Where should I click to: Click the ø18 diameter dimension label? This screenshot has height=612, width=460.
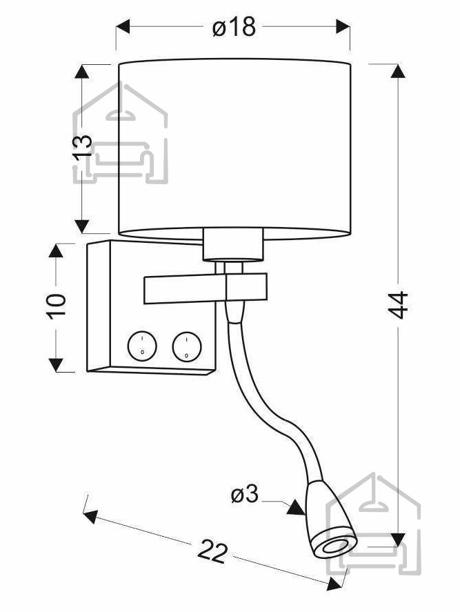pos(234,27)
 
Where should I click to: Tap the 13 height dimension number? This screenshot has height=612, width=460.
pos(82,147)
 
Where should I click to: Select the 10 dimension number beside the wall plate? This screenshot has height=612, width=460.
pos(57,306)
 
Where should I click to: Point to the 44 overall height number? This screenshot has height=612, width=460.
pos(398,305)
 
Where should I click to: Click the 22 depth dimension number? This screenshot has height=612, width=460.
pos(212,551)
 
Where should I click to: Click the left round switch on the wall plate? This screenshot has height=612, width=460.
pos(142,346)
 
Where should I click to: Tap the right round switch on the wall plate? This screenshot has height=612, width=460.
pos(187,346)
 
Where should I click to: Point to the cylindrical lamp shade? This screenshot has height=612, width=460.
pos(234,148)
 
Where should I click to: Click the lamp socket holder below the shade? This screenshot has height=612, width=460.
pos(233,245)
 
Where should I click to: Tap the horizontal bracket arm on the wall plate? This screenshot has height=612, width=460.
pos(206,289)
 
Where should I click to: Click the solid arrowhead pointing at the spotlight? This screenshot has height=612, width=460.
pos(296,508)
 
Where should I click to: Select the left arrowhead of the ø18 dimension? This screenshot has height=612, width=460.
pos(123,26)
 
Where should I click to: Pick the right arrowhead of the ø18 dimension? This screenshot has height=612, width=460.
pos(343,26)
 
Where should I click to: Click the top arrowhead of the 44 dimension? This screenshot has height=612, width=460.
pos(398,71)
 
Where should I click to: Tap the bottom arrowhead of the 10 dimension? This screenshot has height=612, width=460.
pos(56,364)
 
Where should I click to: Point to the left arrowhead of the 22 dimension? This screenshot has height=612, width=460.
pos(90,516)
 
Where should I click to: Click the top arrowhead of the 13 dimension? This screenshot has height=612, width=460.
pos(81,72)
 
